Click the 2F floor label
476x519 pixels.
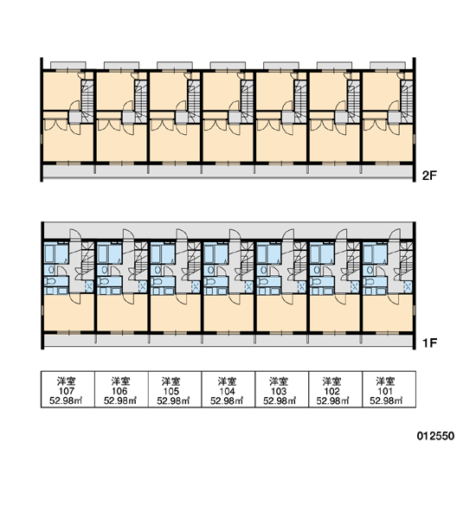click(429, 175)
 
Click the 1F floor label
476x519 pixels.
click(429, 343)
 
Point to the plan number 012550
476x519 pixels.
click(435, 436)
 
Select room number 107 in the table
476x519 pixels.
click(67, 391)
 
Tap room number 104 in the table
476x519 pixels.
click(228, 391)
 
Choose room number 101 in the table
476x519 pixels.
click(386, 391)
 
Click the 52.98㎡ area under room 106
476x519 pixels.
click(120, 400)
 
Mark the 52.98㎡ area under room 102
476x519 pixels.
click(332, 400)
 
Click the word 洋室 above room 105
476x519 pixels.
click(171, 381)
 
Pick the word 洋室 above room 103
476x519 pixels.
click(279, 381)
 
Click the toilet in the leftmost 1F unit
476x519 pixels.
click(51, 282)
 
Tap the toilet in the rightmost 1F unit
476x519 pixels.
click(369, 282)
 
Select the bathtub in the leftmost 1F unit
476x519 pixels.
click(49, 253)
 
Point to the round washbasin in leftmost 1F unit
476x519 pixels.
click(51, 270)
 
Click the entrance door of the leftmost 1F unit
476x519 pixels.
click(75, 234)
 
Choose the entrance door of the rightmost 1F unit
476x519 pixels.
click(394, 234)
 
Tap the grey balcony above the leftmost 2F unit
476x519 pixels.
click(68, 65)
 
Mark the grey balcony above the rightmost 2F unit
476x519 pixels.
click(388, 65)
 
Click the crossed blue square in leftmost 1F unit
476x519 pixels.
click(89, 286)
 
